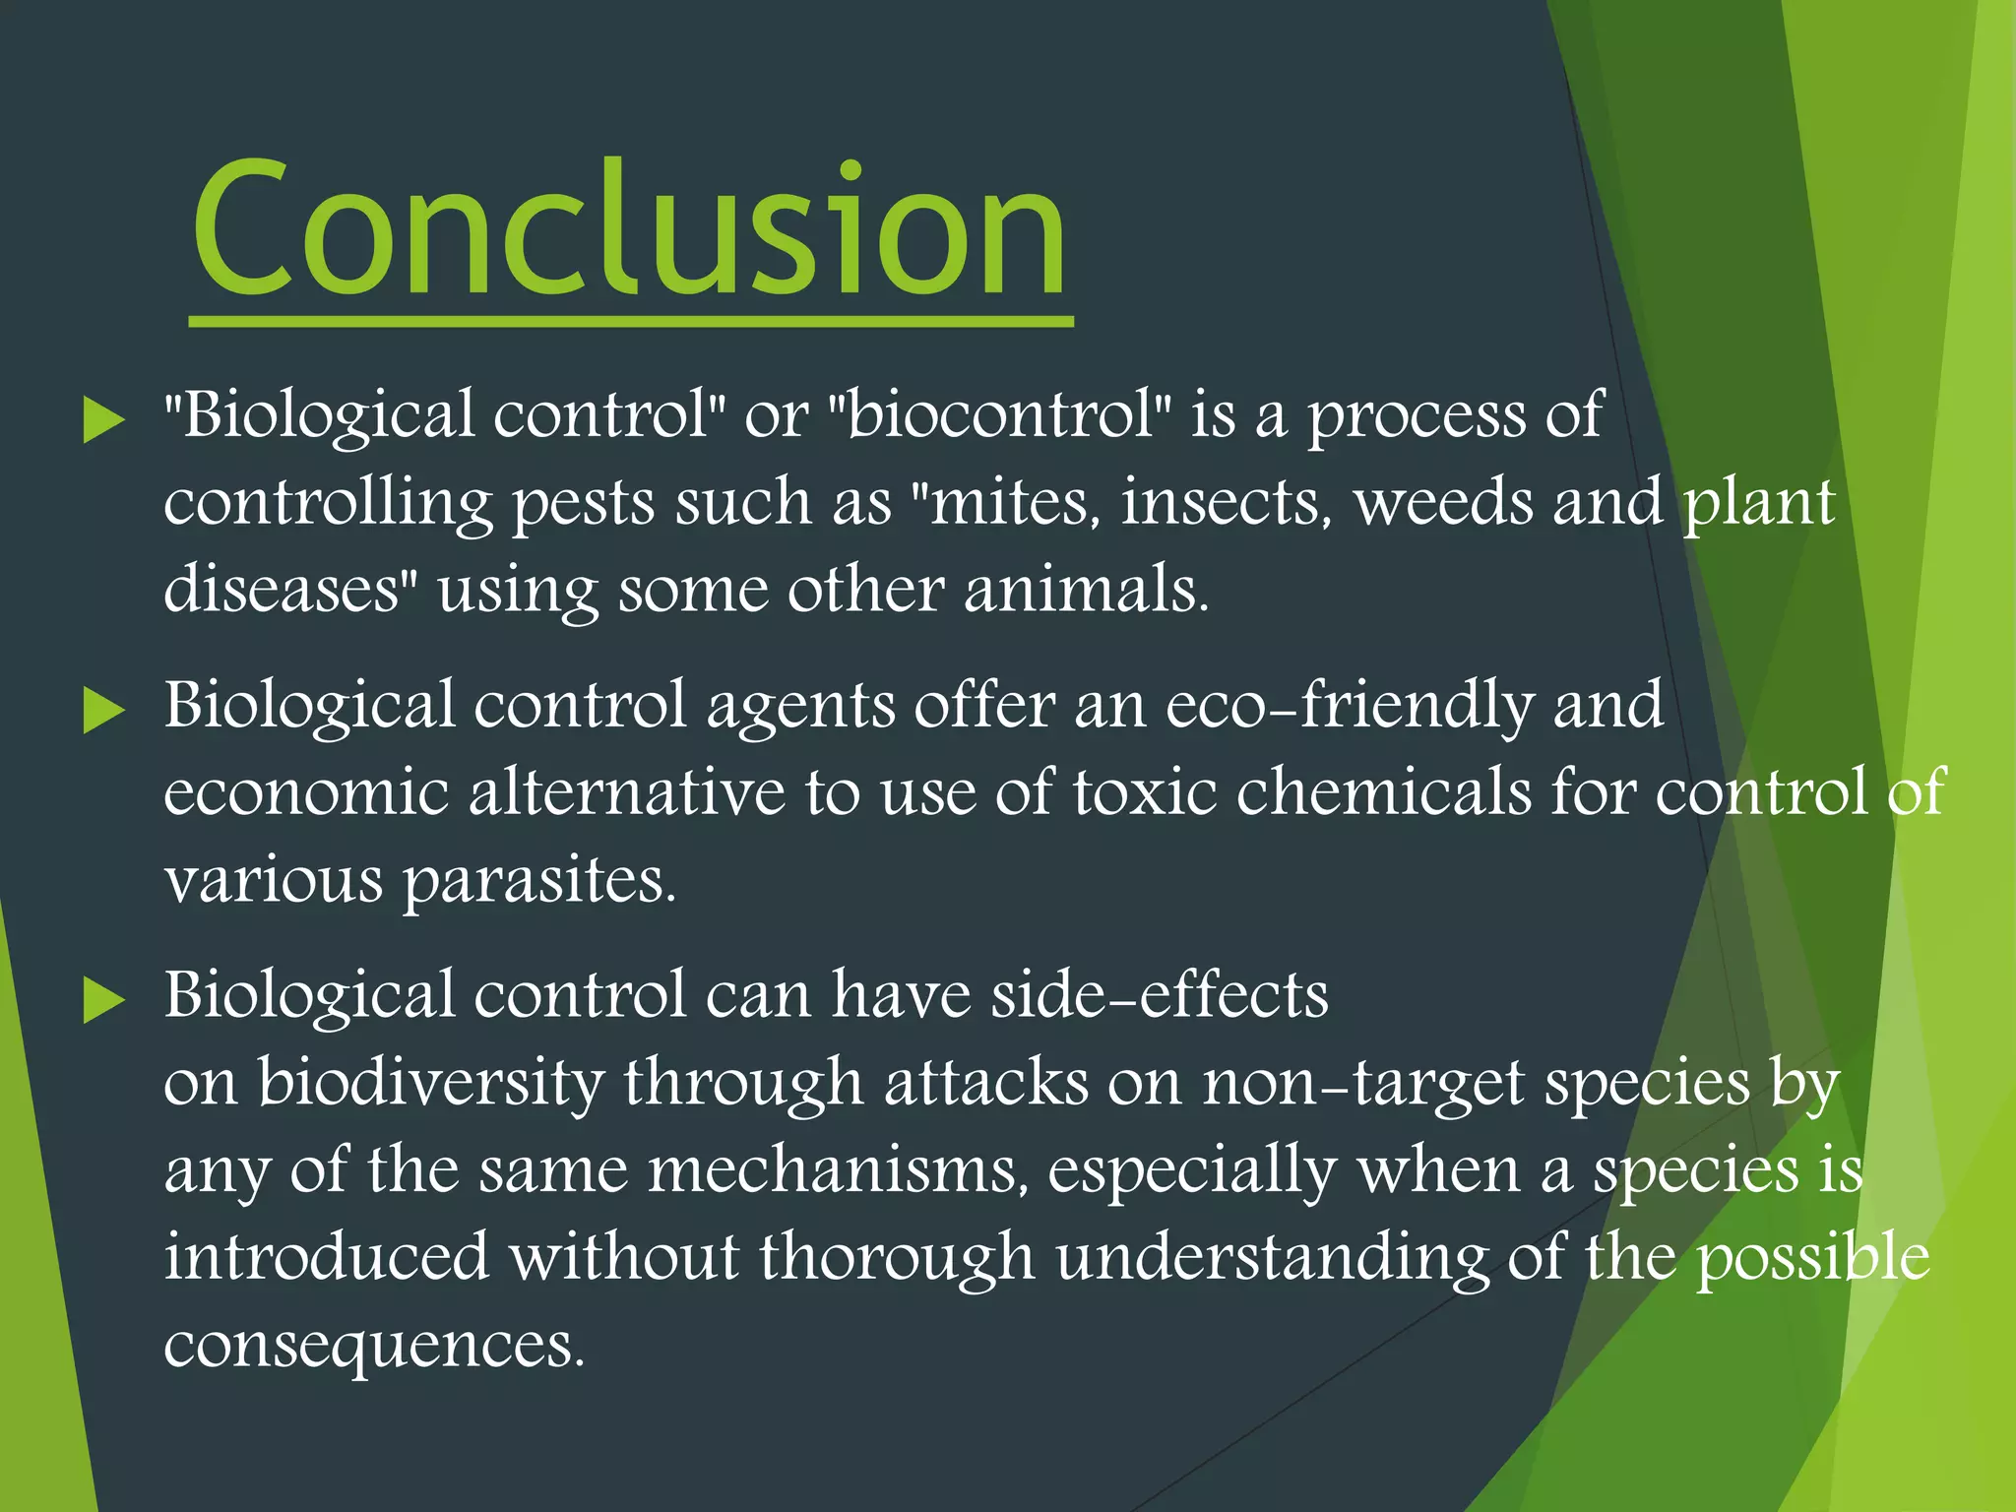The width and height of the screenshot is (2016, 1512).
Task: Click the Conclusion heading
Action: click(630, 228)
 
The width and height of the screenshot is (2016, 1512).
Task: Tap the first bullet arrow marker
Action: click(103, 420)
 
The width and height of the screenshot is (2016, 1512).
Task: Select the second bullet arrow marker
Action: click(103, 711)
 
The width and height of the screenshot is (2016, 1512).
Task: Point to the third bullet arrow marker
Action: click(103, 1000)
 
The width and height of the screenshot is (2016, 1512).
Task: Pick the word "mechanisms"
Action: click(837, 1170)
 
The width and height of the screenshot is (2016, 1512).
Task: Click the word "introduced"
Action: click(326, 1257)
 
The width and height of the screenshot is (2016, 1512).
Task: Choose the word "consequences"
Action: click(374, 1347)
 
